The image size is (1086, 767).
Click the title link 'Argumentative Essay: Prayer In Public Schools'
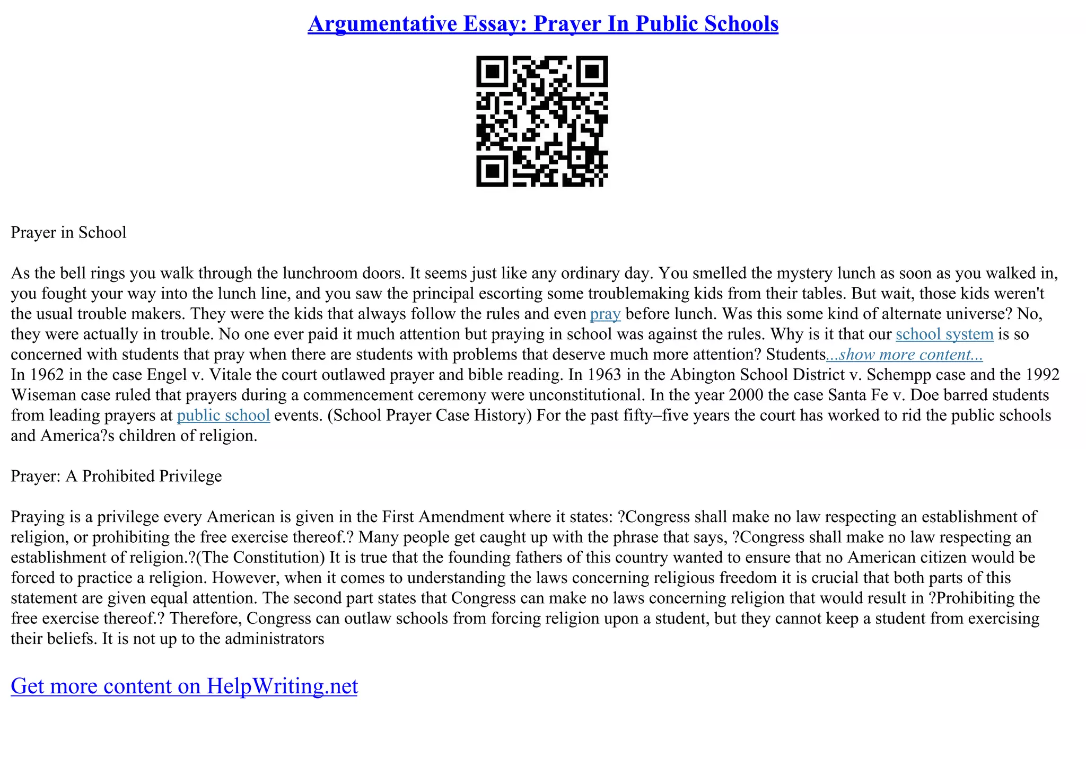pos(542,24)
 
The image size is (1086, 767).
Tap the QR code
pos(542,121)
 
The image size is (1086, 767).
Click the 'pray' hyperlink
pos(605,314)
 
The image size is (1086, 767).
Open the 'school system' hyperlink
pos(944,334)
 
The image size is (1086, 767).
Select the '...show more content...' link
pos(904,355)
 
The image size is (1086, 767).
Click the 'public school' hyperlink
pos(223,415)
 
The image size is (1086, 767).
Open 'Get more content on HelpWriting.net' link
pos(184,686)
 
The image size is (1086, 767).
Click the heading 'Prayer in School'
pos(68,233)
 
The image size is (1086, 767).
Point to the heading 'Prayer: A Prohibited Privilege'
pos(116,476)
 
